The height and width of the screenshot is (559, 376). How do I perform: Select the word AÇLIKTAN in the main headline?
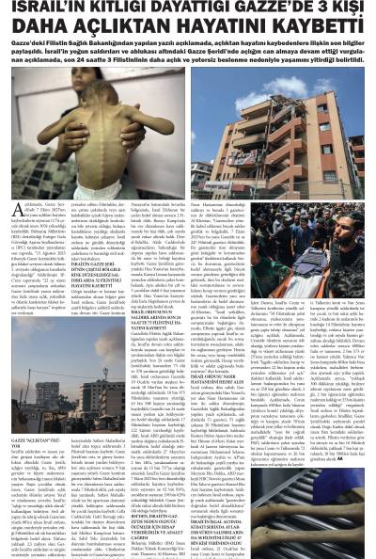pyautogui.click(x=117, y=29)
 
